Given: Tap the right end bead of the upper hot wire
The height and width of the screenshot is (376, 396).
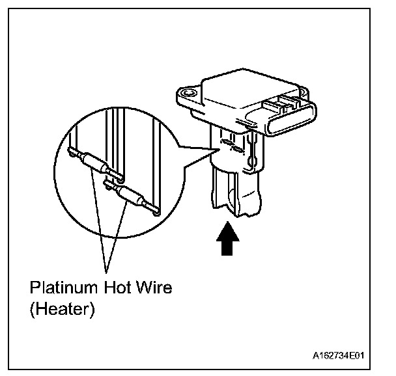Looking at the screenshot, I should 119,176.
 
